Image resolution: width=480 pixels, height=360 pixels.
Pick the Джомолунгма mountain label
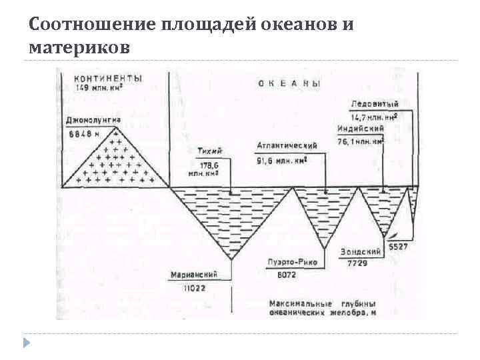[x=93, y=121]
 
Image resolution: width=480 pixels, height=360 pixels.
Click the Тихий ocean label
[x=211, y=151]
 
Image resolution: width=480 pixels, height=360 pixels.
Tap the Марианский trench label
[x=195, y=274]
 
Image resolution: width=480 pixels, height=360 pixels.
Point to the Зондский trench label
[x=360, y=252]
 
